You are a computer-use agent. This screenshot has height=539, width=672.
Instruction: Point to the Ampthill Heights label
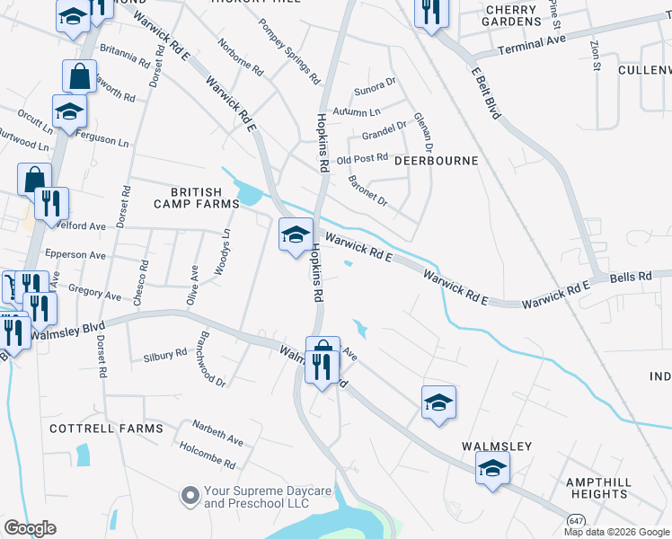click(x=597, y=488)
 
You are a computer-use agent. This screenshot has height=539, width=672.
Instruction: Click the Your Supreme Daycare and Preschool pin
click(x=190, y=495)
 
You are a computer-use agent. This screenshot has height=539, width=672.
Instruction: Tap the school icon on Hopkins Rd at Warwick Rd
click(x=296, y=235)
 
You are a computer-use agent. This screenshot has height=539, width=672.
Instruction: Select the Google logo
click(x=30, y=528)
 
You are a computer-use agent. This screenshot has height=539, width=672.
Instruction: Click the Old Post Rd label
click(x=361, y=159)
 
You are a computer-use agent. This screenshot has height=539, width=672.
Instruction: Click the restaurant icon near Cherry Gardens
click(x=430, y=13)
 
